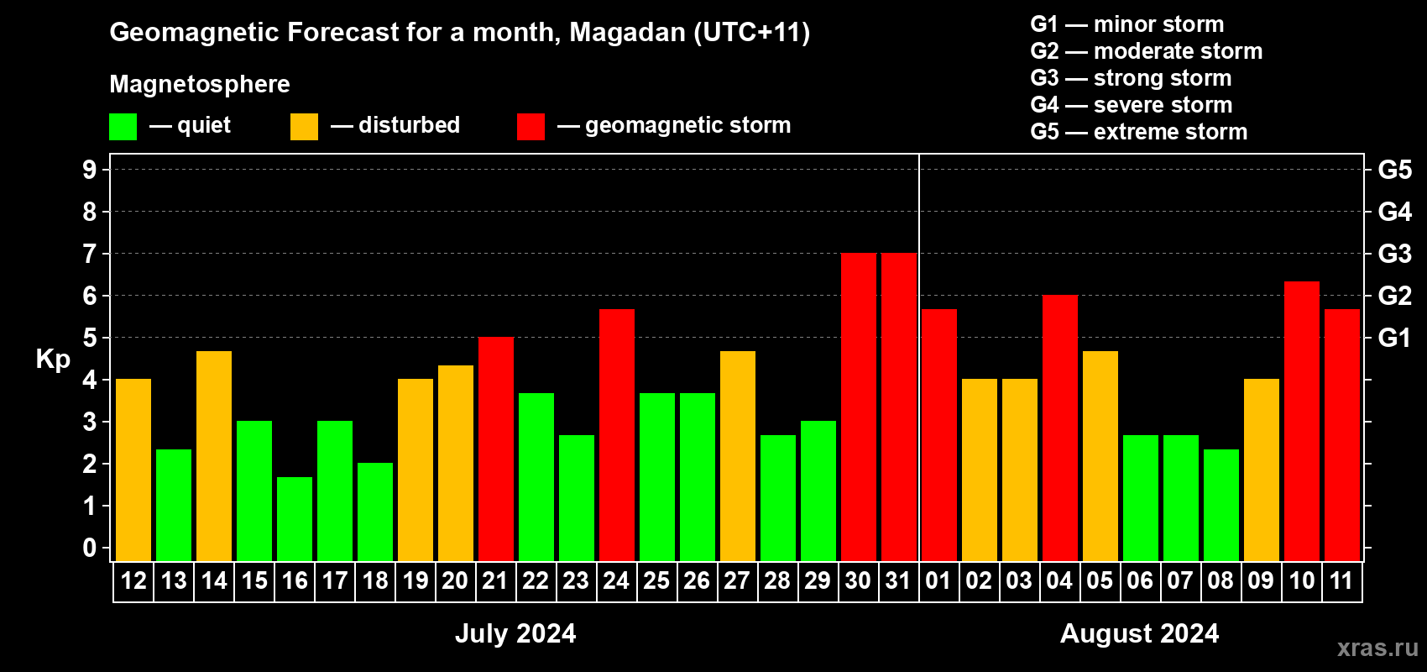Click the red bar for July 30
(858, 407)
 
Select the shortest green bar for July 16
(295, 519)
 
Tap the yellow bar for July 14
(214, 456)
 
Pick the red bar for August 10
(1301, 422)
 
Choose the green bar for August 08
(1221, 506)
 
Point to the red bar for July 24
(616, 435)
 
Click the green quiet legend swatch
(123, 127)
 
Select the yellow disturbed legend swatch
(304, 127)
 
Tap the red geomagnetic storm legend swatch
(531, 127)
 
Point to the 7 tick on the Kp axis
(90, 254)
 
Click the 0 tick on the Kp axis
(90, 549)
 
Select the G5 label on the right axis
(1394, 170)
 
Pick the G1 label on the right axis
(1394, 338)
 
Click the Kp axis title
(53, 360)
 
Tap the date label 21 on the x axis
(495, 581)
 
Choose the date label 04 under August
(1059, 581)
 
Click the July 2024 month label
(515, 633)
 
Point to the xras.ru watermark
(1377, 648)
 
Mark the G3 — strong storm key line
(1131, 78)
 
